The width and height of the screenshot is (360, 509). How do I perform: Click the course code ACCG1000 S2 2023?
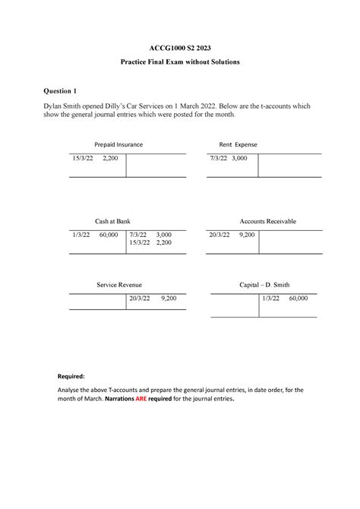180,46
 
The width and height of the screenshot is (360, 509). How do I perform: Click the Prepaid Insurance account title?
118,144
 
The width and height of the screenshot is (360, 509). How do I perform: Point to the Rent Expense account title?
238,144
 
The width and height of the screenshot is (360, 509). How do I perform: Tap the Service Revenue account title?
118,284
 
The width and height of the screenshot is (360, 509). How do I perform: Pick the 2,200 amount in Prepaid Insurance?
110,159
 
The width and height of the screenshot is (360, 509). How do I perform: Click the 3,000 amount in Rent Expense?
239,159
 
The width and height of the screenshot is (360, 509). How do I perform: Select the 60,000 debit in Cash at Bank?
109,236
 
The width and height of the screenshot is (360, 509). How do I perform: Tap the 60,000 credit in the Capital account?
297,299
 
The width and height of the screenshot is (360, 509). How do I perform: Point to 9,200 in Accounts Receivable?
247,236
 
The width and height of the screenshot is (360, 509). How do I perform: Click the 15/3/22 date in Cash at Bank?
140,243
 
